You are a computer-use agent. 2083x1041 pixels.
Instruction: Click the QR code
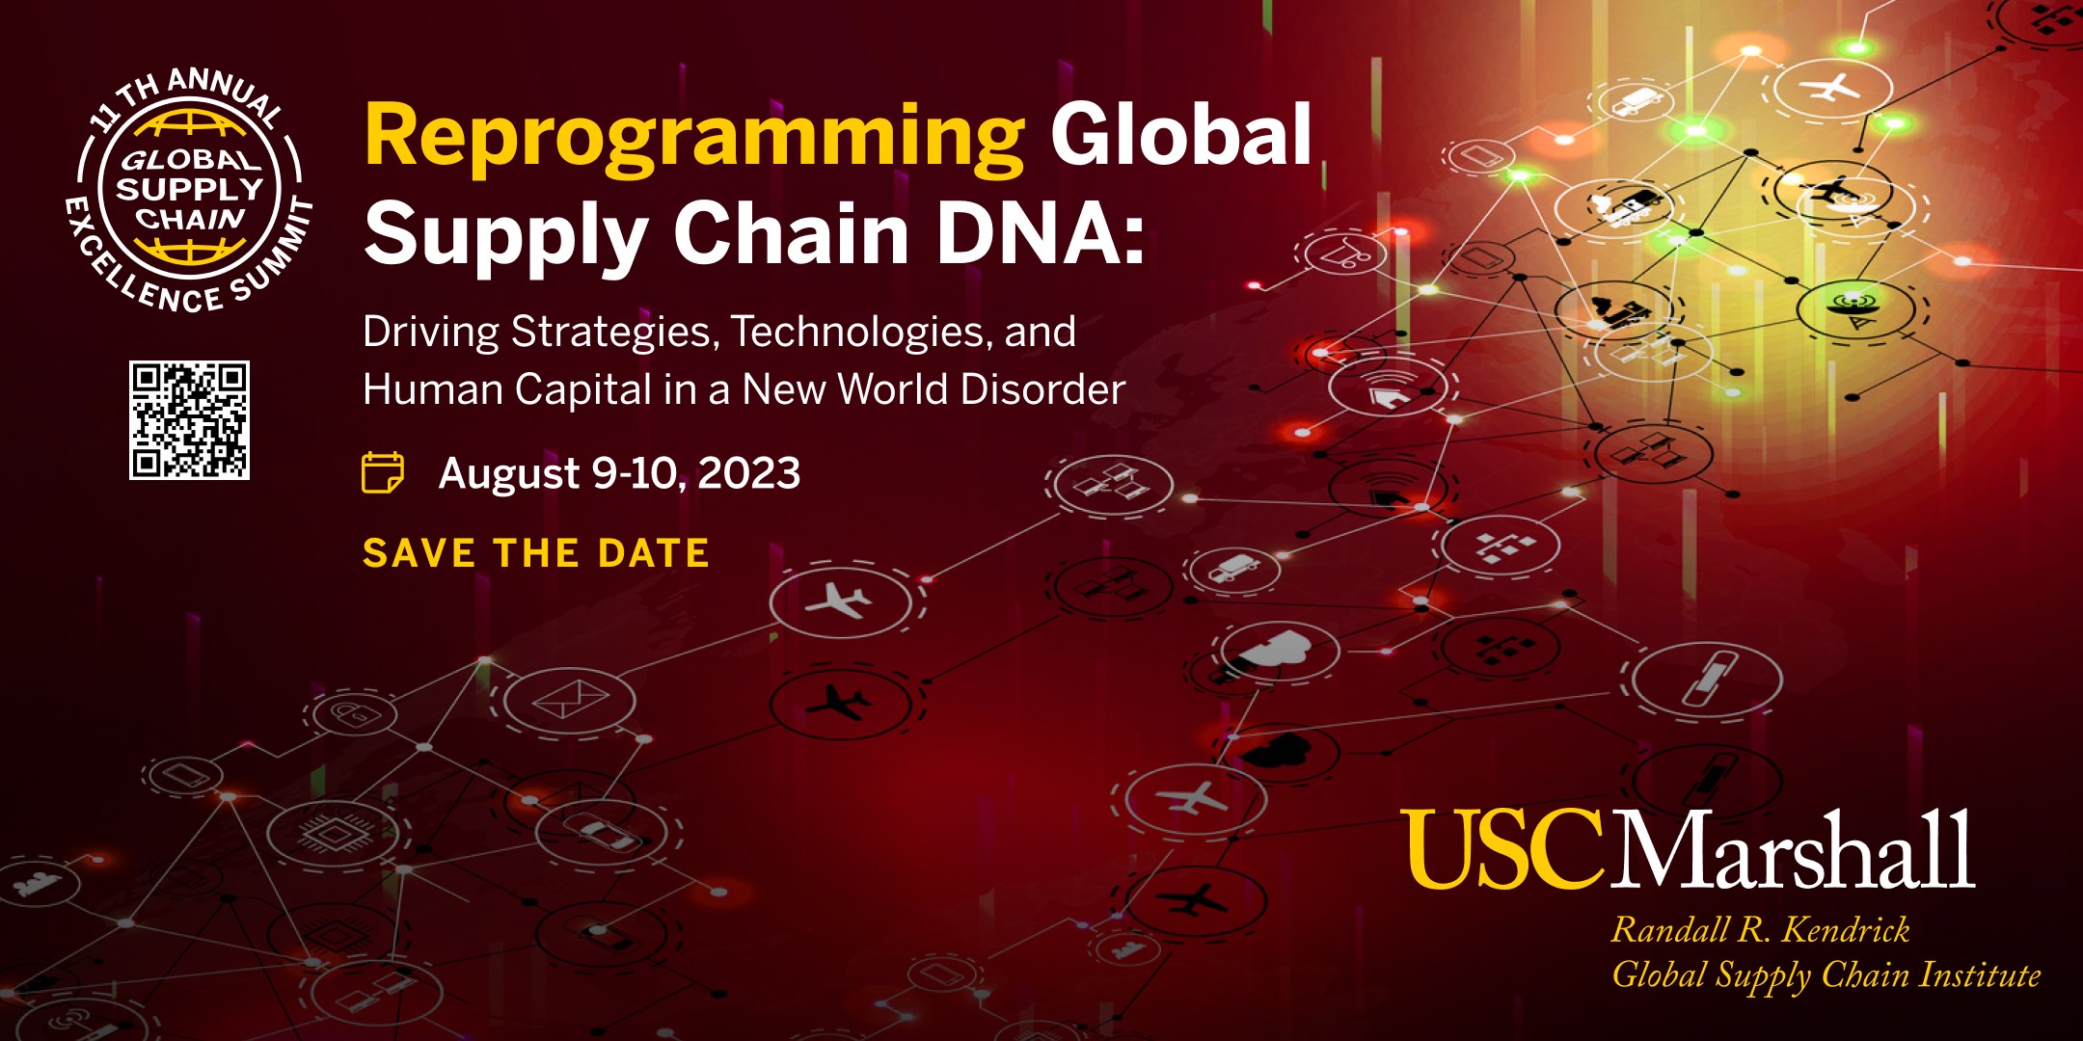pyautogui.click(x=190, y=420)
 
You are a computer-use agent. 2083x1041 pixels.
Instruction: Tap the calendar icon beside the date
pyautogui.click(x=383, y=472)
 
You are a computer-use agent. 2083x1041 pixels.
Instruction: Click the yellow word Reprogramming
pyautogui.click(x=694, y=141)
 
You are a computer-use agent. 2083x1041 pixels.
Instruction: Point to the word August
pyautogui.click(x=509, y=474)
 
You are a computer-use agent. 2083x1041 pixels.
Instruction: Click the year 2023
pyautogui.click(x=748, y=473)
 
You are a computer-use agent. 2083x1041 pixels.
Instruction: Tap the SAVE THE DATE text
pyautogui.click(x=536, y=553)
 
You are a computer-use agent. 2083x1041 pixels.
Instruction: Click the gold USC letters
pyautogui.click(x=1501, y=848)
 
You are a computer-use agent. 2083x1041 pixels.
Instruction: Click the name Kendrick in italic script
pyautogui.click(x=1845, y=930)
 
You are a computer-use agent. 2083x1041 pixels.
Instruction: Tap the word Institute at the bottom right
pyautogui.click(x=1979, y=974)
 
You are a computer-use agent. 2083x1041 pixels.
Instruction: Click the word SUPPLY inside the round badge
pyautogui.click(x=190, y=189)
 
